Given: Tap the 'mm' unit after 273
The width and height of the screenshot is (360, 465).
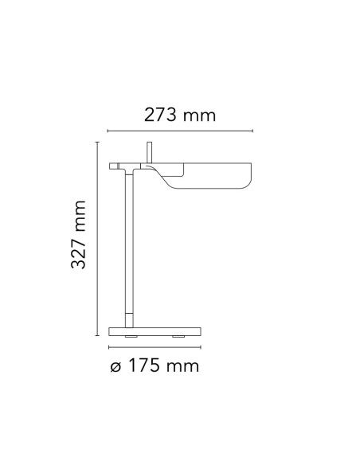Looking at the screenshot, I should pyautogui.click(x=199, y=116).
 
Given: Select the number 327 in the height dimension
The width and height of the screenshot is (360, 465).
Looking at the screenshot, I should pyautogui.click(x=78, y=249).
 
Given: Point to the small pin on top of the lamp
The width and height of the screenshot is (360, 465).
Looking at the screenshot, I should pyautogui.click(x=148, y=152).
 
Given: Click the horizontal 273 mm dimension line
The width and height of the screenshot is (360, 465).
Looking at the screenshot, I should pyautogui.click(x=180, y=132).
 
